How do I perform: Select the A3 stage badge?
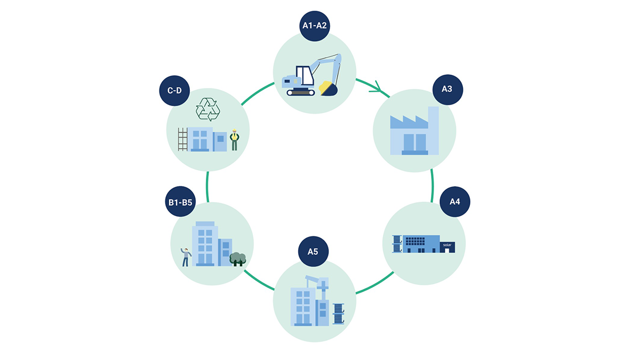tap(447, 89)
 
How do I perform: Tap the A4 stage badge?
tap(454, 202)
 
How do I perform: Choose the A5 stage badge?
tap(313, 251)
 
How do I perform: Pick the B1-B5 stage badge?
tap(180, 202)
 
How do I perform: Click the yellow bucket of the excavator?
tap(326, 88)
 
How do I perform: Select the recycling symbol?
tap(207, 109)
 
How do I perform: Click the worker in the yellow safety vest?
tap(234, 141)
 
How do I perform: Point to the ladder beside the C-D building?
tap(182, 139)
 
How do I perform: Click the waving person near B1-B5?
tap(186, 257)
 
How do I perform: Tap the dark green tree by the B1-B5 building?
tap(238, 259)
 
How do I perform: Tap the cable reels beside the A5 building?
tap(339, 314)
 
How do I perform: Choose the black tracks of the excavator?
tap(301, 93)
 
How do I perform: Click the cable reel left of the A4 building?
tap(397, 244)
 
